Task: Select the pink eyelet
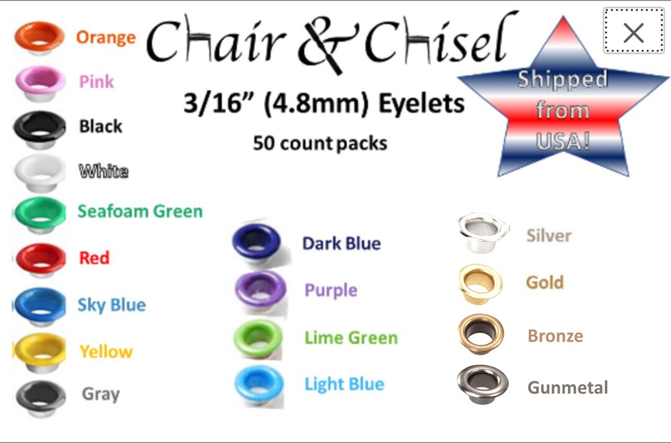[40, 82]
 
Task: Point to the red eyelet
[40, 258]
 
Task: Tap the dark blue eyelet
[257, 241]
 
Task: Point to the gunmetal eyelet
[482, 385]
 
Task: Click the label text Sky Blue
[111, 305]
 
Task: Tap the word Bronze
[555, 336]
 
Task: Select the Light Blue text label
[344, 384]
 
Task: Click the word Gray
[101, 394]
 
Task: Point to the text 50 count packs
[320, 143]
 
